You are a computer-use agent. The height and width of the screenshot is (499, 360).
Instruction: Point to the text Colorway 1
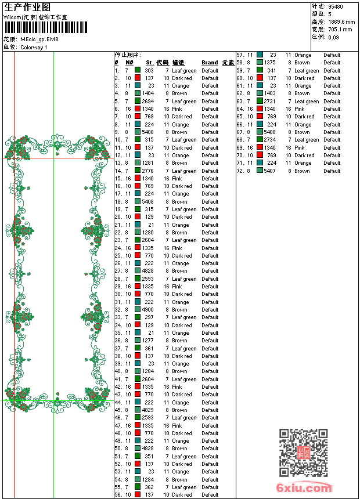click(34, 47)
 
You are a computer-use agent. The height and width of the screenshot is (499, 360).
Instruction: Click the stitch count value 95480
click(336, 7)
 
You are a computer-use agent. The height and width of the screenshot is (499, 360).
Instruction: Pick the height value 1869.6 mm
click(341, 22)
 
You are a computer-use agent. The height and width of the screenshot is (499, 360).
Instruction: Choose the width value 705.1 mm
click(340, 30)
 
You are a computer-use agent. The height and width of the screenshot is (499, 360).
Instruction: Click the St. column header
click(149, 63)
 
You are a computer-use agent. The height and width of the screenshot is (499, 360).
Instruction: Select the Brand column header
click(210, 63)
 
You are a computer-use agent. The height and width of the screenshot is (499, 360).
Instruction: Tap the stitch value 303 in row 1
click(149, 70)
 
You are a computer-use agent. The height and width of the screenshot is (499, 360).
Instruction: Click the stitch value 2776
click(147, 171)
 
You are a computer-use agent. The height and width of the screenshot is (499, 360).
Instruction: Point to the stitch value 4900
click(147, 310)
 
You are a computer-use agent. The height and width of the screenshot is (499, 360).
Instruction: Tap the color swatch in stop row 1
click(138, 70)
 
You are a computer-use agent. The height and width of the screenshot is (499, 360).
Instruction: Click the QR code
click(303, 453)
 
